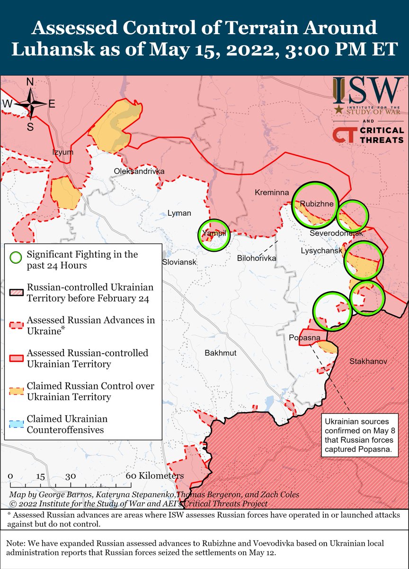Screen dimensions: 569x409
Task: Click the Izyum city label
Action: pyautogui.click(x=63, y=152)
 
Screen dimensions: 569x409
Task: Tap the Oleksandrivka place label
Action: pyautogui.click(x=139, y=171)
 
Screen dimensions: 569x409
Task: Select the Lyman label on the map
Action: pyautogui.click(x=179, y=213)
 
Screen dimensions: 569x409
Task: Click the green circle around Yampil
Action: pyautogui.click(x=213, y=235)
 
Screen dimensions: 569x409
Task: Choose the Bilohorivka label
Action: pyautogui.click(x=255, y=258)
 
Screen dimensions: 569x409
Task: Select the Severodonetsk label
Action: pyautogui.click(x=336, y=234)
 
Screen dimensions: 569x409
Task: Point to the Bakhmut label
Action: pyautogui.click(x=220, y=353)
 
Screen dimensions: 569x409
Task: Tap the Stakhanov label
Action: pyautogui.click(x=368, y=362)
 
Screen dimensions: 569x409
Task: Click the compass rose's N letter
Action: pyautogui.click(x=29, y=82)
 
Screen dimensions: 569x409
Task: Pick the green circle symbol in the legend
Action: pyautogui.click(x=16, y=257)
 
